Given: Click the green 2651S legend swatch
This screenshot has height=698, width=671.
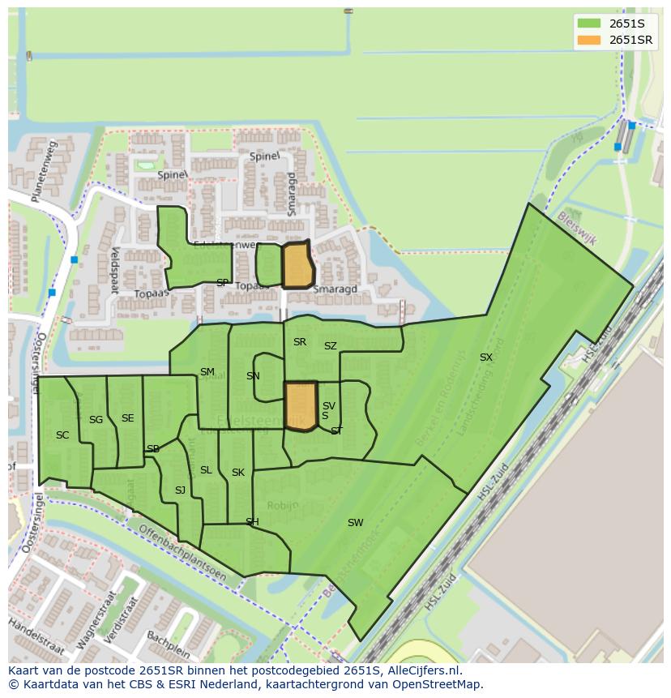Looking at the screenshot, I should point(588,23).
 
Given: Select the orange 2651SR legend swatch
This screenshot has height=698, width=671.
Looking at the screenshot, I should point(588,40).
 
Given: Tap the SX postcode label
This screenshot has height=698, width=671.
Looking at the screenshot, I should point(485,358).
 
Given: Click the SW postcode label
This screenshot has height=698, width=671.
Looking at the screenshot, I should point(355,523).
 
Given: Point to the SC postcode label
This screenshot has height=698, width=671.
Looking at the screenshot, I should point(62,435).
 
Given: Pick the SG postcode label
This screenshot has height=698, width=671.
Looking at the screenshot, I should point(96,420).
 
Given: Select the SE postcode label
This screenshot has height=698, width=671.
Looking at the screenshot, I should point(127,418).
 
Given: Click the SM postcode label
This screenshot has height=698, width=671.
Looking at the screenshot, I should point(207,373).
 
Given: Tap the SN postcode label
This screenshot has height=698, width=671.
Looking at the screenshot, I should point(253,376).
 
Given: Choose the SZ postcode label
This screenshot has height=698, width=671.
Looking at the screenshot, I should point(330,346).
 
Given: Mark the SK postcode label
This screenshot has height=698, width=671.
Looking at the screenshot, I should point(238,473).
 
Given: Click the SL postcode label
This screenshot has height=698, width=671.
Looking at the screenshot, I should point(206,470).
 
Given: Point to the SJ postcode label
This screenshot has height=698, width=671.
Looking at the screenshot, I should point(180,490).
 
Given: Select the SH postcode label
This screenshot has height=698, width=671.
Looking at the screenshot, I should point(252,522).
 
